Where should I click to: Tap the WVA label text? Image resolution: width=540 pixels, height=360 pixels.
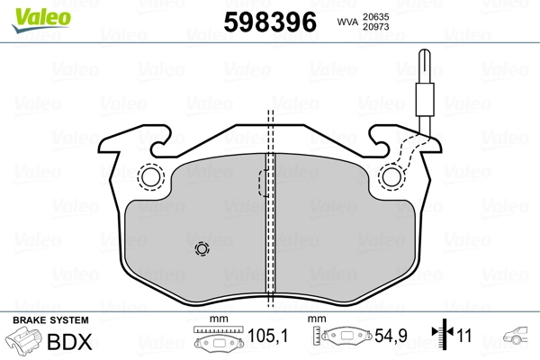pos(347,23)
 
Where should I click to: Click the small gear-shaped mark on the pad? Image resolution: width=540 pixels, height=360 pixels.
pos(201,249)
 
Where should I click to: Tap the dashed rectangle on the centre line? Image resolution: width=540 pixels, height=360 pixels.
pos(265,183)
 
